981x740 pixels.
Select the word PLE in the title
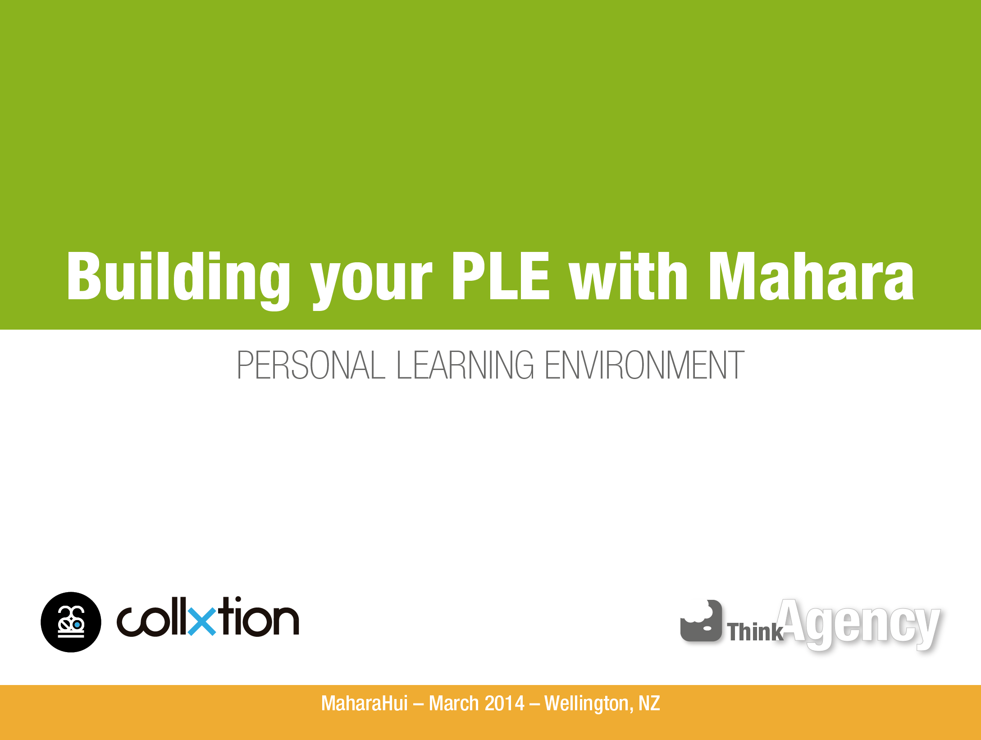501,275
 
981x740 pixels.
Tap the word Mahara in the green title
811,275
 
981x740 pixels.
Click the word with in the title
629,275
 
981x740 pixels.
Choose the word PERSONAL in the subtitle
311,365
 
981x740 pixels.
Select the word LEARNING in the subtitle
465,365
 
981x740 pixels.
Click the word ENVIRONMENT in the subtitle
644,365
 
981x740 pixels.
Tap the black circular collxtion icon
71,622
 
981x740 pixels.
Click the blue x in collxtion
202,621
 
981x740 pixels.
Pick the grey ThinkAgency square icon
701,621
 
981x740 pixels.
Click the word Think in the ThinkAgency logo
755,631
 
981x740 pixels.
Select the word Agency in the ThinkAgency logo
859,624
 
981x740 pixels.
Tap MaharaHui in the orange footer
365,703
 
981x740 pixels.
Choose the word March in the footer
454,703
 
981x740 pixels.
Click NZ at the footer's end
649,703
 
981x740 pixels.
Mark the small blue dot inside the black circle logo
77,625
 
